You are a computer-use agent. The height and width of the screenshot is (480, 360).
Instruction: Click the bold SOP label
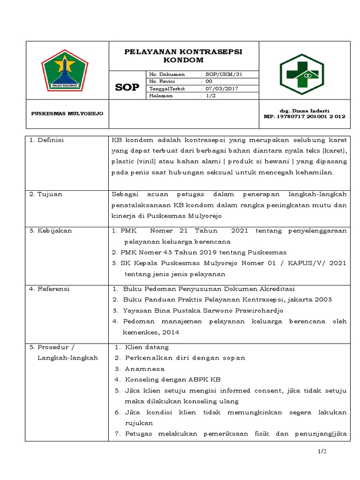click(127, 87)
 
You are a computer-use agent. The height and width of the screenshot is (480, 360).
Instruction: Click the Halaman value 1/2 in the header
click(211, 96)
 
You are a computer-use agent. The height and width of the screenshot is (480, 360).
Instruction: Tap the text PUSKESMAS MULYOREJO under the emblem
click(67, 114)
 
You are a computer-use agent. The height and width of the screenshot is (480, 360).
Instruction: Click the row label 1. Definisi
click(47, 140)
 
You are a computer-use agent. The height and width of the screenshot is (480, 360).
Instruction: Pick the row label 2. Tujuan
click(45, 194)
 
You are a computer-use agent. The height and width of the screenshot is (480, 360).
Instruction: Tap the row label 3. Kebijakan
click(50, 231)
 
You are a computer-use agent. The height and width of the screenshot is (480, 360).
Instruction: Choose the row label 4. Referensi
click(49, 289)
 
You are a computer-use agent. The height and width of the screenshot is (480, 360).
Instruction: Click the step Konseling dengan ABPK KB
click(173, 380)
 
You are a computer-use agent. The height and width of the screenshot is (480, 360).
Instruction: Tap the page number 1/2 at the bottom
click(321, 451)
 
